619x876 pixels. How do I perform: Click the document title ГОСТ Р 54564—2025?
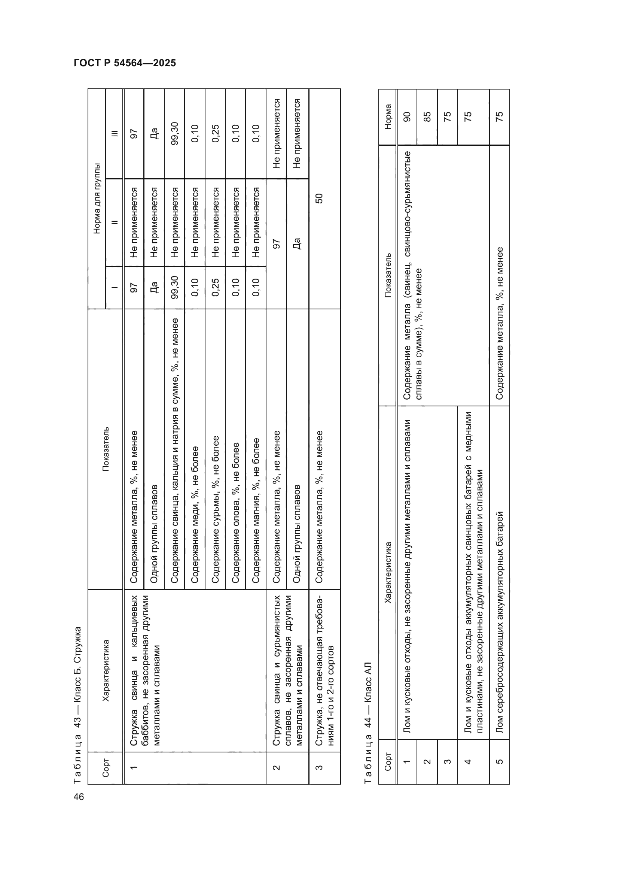(x=125, y=63)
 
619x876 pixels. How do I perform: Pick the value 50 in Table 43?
(x=319, y=198)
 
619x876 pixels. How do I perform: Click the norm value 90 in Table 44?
(x=407, y=117)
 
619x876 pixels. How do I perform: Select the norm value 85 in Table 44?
(x=427, y=117)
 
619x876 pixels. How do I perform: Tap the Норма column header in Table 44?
(x=388, y=117)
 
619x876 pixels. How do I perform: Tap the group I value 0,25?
(x=215, y=287)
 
